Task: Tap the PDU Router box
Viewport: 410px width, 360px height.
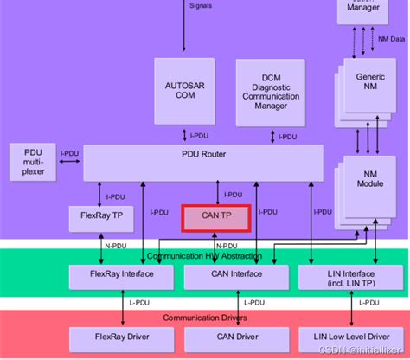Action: [x=203, y=162]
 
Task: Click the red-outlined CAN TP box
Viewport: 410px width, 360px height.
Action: [x=215, y=218]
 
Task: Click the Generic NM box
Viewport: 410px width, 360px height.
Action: [x=369, y=82]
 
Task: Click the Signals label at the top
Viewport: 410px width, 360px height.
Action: [x=200, y=5]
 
